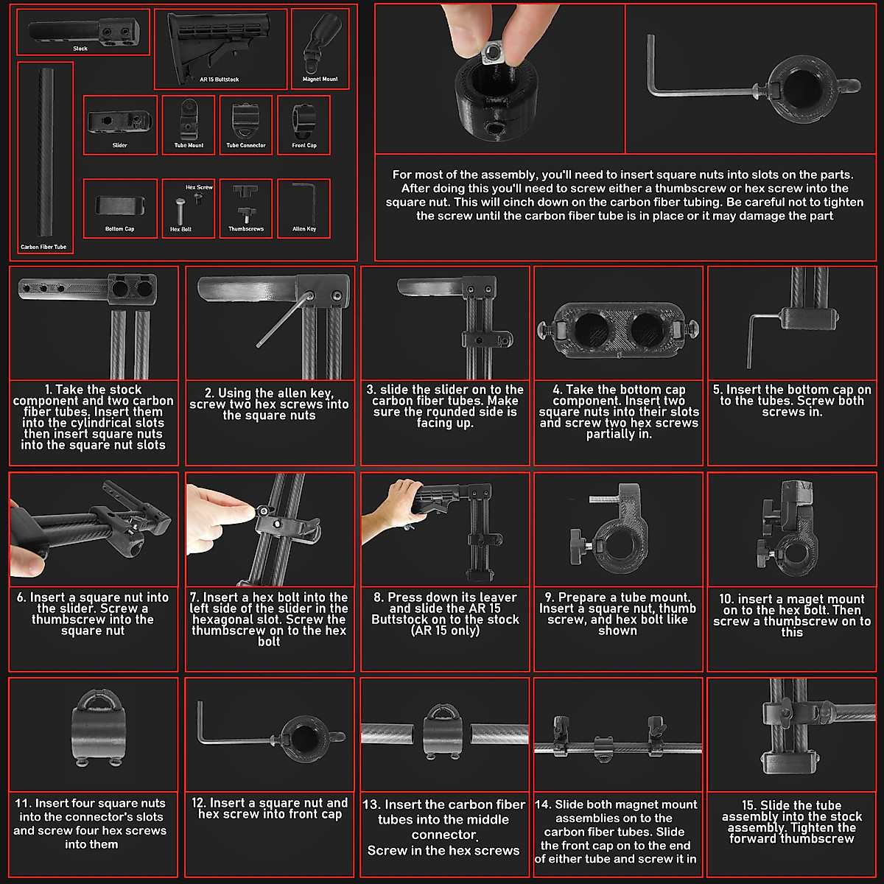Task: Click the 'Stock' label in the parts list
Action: point(80,49)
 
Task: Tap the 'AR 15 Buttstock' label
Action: point(220,80)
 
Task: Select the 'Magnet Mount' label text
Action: point(320,80)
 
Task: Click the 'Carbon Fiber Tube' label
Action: point(43,247)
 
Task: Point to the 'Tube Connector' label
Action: point(246,145)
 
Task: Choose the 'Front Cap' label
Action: point(304,145)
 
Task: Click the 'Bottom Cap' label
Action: point(120,229)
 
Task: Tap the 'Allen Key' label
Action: point(304,229)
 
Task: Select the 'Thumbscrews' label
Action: point(246,229)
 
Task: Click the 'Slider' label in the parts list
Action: point(120,145)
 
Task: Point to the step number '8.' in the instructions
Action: point(379,597)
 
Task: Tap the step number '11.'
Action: point(23,803)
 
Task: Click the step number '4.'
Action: point(558,390)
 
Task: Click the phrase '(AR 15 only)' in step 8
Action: point(445,631)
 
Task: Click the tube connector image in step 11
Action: point(98,728)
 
